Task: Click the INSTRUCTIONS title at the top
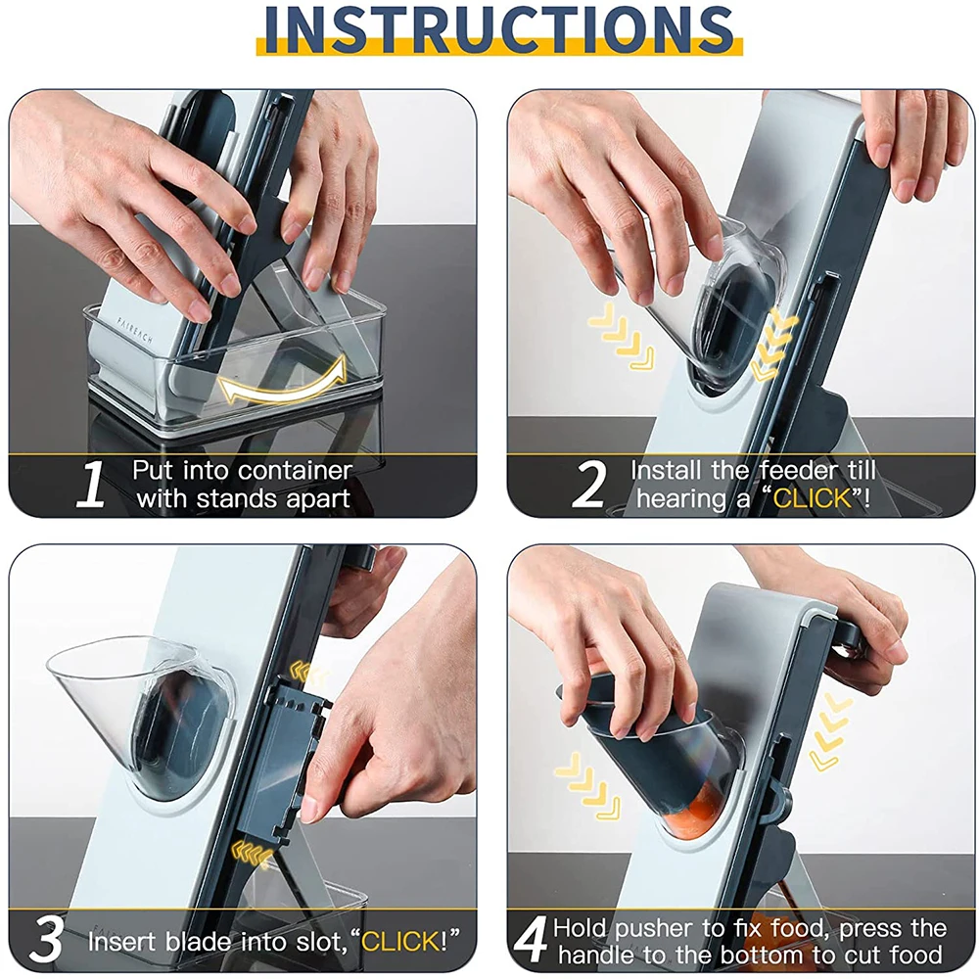[499, 28]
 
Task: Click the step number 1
[91, 484]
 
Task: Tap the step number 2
[588, 484]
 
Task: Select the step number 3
[46, 939]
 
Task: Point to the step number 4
[531, 940]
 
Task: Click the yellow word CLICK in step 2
[813, 498]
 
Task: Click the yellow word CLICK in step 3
[400, 941]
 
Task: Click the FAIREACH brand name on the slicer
[134, 330]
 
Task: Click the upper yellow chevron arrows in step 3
[308, 674]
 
